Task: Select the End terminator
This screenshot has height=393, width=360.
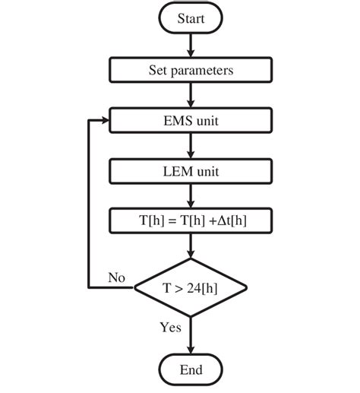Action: pyautogui.click(x=191, y=369)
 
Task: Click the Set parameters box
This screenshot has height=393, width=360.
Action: pyautogui.click(x=191, y=71)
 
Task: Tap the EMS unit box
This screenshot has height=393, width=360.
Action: pyautogui.click(x=191, y=121)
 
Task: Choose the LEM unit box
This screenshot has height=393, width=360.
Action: pyautogui.click(x=191, y=171)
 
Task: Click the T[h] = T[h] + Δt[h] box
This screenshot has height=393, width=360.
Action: pyautogui.click(x=191, y=221)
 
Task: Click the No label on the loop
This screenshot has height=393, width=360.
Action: pyautogui.click(x=116, y=278)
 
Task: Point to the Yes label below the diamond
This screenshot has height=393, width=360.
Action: pyautogui.click(x=170, y=328)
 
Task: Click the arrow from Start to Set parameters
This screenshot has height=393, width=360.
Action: pyautogui.click(x=191, y=46)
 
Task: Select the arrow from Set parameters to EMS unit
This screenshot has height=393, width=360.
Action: pyautogui.click(x=191, y=96)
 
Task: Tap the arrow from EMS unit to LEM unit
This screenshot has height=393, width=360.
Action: pyautogui.click(x=191, y=146)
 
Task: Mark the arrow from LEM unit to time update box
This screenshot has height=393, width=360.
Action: pyautogui.click(x=191, y=196)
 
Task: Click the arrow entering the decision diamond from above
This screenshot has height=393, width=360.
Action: pyautogui.click(x=191, y=248)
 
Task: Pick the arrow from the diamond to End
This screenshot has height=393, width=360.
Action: pyautogui.click(x=191, y=333)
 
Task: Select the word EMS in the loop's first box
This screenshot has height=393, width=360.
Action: pyautogui.click(x=176, y=121)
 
